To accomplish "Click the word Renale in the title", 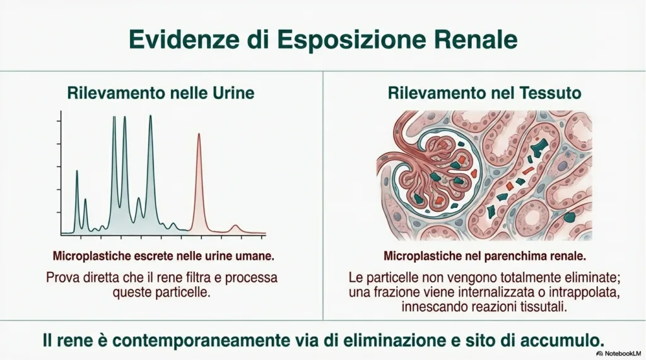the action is [476, 40].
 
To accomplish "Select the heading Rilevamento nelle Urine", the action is [161, 93].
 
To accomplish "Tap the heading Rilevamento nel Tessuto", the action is [484, 93].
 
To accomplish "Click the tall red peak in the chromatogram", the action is [199, 181].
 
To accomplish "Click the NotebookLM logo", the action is [619, 354].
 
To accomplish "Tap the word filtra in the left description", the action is [197, 277].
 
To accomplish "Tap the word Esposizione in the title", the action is [351, 40].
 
